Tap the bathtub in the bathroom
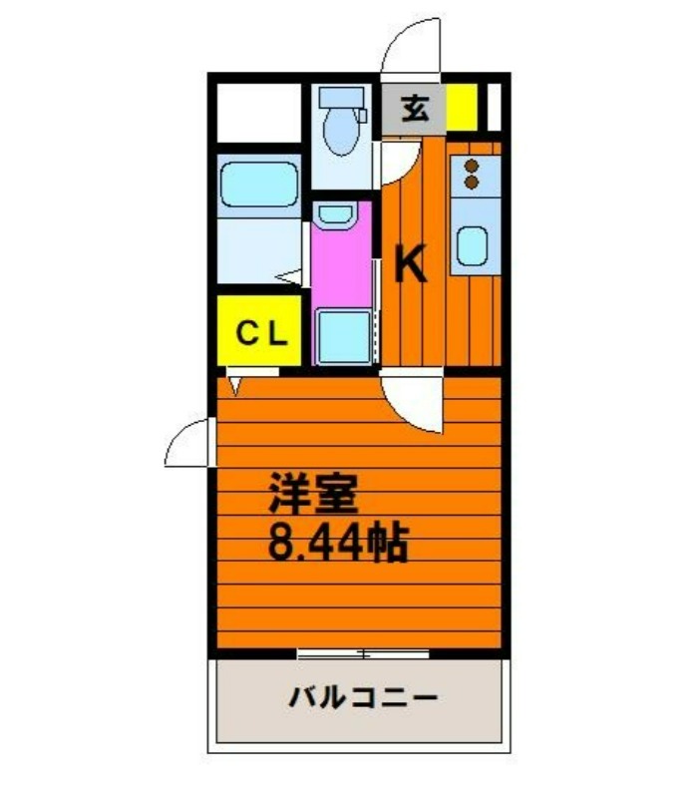click(x=259, y=185)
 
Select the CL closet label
click(x=261, y=333)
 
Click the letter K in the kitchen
click(x=410, y=263)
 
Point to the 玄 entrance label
click(x=415, y=109)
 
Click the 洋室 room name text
click(x=313, y=493)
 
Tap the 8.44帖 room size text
click(x=338, y=543)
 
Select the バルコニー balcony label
click(x=363, y=697)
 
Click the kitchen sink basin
click(x=472, y=246)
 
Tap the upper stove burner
click(x=472, y=166)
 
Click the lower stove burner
click(x=472, y=182)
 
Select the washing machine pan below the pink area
click(x=343, y=336)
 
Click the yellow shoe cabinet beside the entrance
click(x=462, y=108)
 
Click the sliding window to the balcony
click(x=363, y=654)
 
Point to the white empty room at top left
click(x=259, y=113)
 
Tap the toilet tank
click(x=341, y=97)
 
